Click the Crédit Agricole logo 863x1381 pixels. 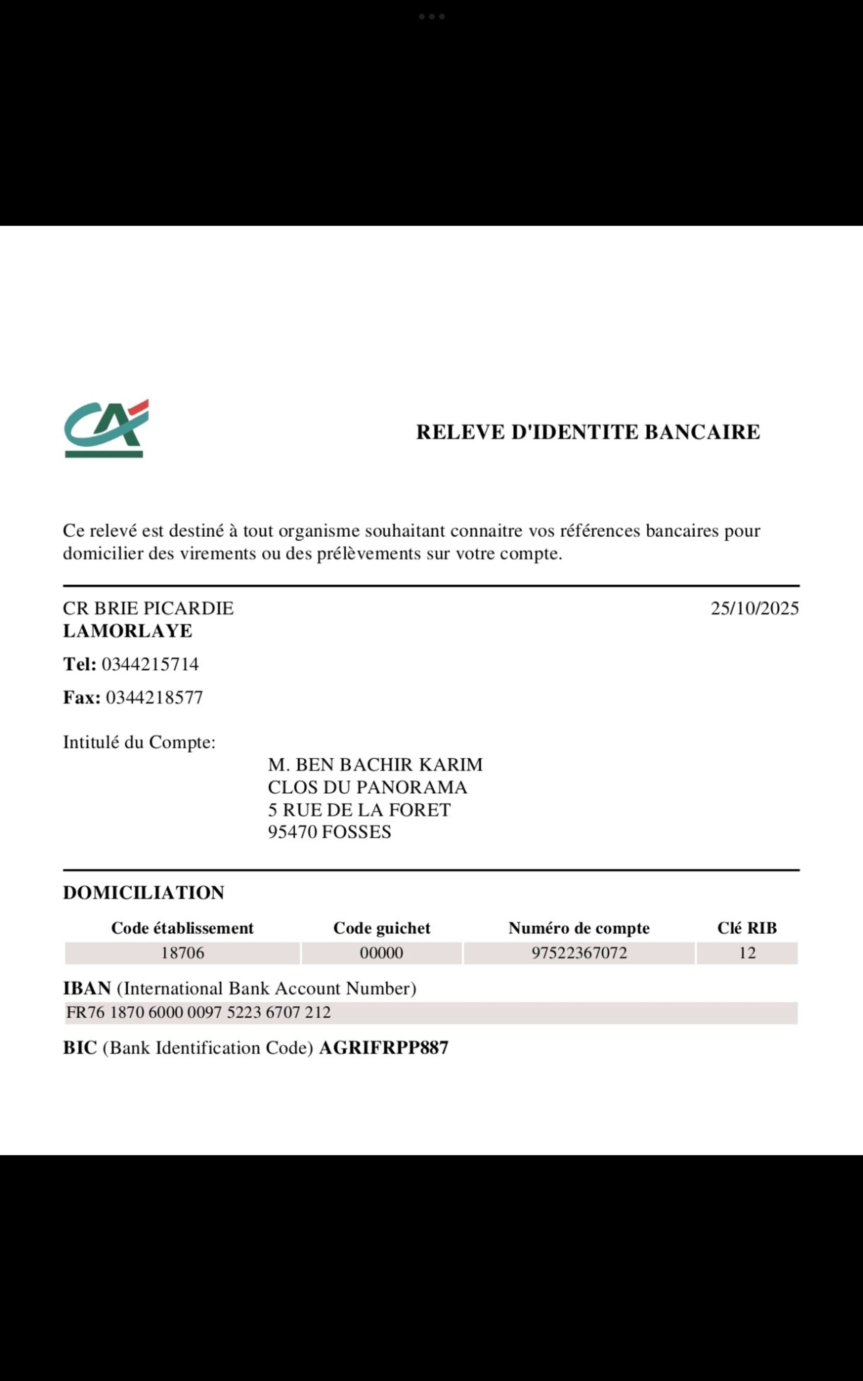(106, 428)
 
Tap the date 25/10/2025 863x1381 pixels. (755, 609)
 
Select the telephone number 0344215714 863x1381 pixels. (150, 664)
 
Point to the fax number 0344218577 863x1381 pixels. (154, 697)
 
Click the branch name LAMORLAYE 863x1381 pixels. (127, 631)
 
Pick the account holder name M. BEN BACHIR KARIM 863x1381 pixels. (375, 765)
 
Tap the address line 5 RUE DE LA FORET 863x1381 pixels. (359, 810)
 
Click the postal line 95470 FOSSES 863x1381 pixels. (329, 832)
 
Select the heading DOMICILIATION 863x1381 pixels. (143, 893)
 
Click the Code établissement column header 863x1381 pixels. (182, 928)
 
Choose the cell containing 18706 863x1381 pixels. (182, 953)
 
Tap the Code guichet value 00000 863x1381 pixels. (381, 953)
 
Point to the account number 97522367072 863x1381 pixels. (580, 953)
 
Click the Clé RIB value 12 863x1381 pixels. (747, 953)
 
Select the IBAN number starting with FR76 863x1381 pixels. (198, 1012)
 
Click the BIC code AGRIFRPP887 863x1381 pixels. (384, 1048)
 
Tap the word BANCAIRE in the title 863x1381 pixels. (702, 432)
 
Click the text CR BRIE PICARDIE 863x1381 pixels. (148, 609)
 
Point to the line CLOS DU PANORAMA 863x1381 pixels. (367, 788)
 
